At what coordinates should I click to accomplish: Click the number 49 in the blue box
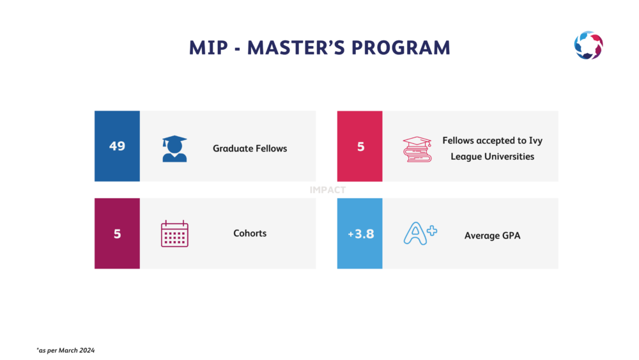coord(117,146)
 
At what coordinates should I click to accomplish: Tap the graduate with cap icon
coord(174,149)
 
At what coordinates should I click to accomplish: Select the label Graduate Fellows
coord(250,148)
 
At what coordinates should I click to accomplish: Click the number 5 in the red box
coord(360,147)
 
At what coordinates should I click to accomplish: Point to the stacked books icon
coord(417,149)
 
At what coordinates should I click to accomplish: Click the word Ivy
coord(535,141)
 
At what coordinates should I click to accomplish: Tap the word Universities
coord(509,157)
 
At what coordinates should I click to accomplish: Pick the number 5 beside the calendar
coord(118,234)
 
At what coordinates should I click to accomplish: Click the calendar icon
coord(174,233)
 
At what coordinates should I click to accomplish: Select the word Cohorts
coord(250,233)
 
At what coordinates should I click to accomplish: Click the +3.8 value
coord(360,234)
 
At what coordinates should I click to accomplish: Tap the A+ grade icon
coord(420,233)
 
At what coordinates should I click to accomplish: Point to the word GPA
coord(511,236)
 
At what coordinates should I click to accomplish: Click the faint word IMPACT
coord(328,190)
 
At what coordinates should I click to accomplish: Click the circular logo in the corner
coord(589,45)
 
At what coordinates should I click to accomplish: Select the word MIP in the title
coord(208,48)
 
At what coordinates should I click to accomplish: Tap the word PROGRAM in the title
coord(401,48)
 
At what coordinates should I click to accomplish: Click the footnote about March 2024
coord(66,350)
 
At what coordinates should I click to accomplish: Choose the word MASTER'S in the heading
coord(296,48)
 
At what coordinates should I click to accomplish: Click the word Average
coord(481,236)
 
